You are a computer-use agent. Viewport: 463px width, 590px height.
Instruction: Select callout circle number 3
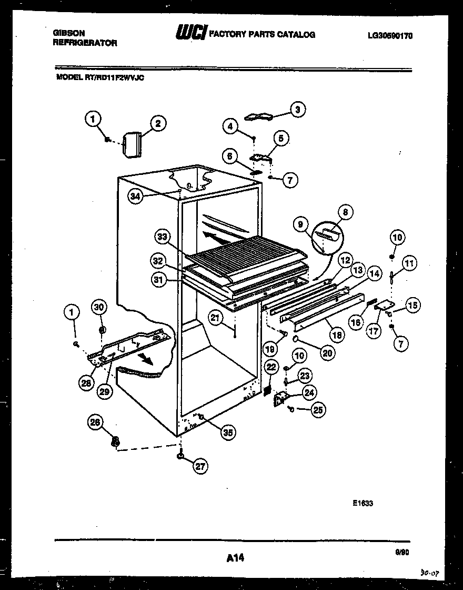(x=298, y=110)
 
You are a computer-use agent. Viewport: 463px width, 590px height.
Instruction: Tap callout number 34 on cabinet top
(x=136, y=196)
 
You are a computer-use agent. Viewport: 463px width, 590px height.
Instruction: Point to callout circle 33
(x=163, y=237)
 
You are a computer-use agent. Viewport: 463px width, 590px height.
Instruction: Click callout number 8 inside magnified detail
(x=346, y=213)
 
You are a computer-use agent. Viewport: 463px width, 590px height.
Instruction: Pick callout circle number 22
(x=270, y=367)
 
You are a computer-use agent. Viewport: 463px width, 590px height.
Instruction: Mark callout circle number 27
(x=200, y=466)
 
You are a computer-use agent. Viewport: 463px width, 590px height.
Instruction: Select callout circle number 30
(x=99, y=307)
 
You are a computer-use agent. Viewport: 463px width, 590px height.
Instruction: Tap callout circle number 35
(x=227, y=432)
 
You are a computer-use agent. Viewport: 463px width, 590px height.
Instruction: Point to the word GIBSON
(x=69, y=33)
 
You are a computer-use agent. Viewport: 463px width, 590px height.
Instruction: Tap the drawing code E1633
(x=363, y=503)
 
